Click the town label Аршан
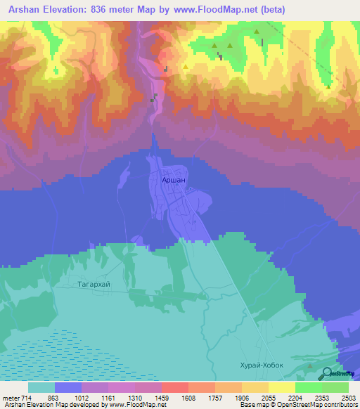(174, 181)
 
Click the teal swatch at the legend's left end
(41, 387)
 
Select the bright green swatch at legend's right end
(335, 387)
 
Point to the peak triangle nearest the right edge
(328, 87)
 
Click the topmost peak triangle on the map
(257, 32)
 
